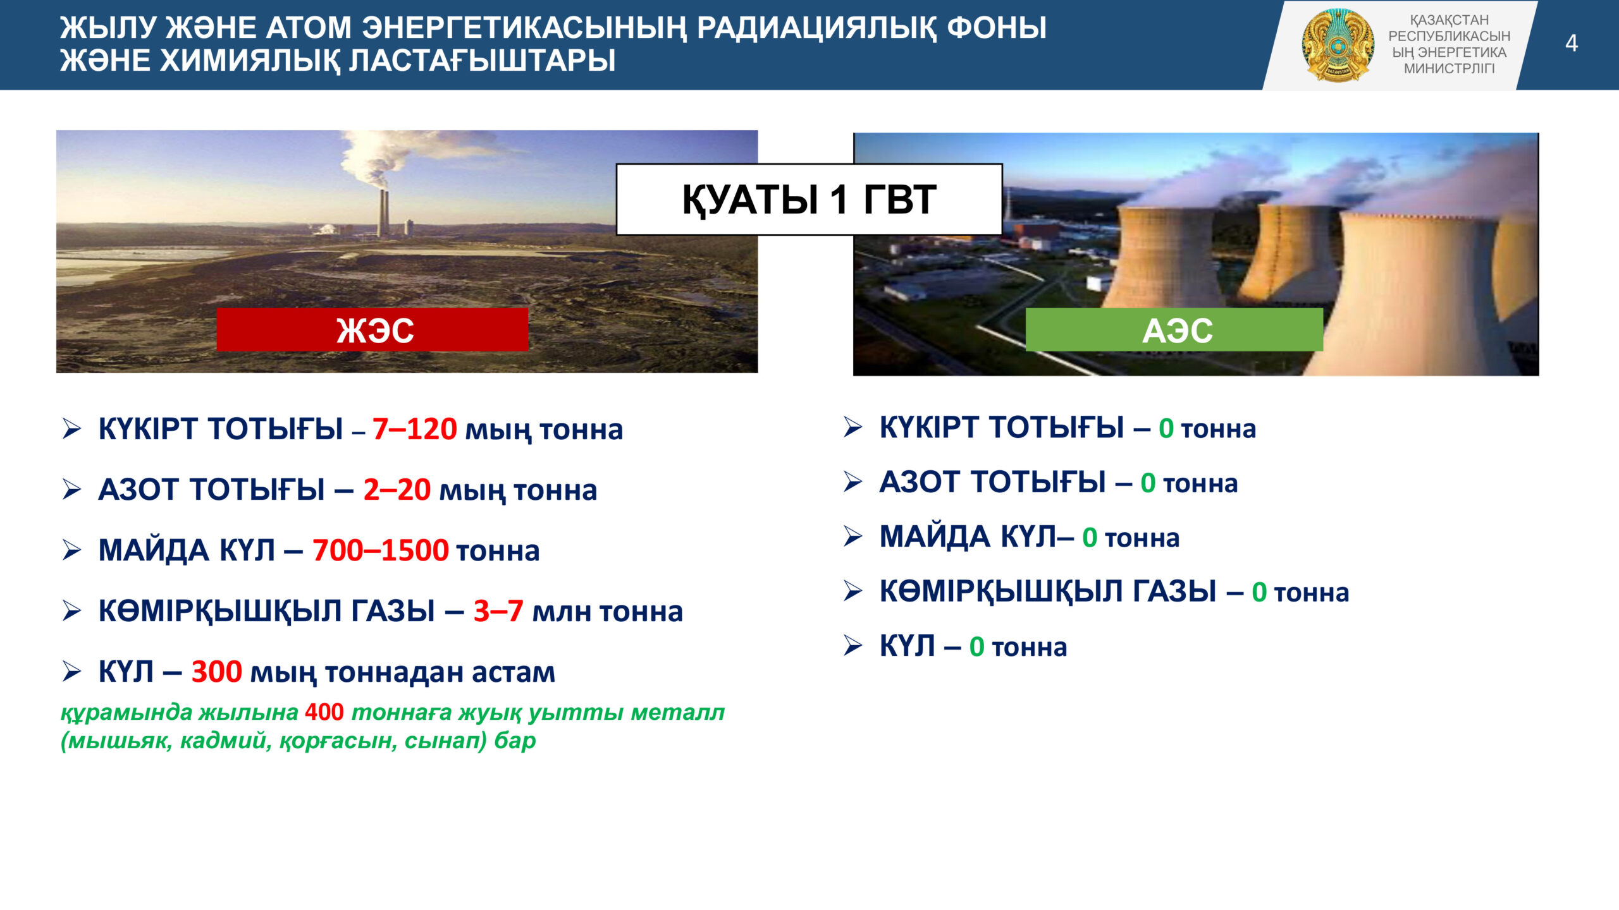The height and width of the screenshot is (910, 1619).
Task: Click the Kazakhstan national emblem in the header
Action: point(1338,45)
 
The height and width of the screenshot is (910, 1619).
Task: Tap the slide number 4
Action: point(1572,44)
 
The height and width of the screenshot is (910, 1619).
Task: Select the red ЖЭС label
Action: point(372,330)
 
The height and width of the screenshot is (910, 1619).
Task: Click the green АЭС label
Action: point(1174,330)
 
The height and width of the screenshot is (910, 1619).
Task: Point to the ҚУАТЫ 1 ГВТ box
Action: point(809,200)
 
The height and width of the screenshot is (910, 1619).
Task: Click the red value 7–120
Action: point(414,429)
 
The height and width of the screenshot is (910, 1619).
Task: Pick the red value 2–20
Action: point(397,490)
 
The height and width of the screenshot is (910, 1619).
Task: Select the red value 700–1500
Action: point(381,550)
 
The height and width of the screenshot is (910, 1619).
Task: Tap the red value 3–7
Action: point(498,611)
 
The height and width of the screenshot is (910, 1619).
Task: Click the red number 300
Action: point(216,672)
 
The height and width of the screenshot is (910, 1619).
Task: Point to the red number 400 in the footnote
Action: point(324,712)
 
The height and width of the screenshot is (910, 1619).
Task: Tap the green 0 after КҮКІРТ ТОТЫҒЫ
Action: point(1166,428)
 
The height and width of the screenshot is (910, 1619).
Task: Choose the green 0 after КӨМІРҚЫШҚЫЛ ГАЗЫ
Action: point(1259,592)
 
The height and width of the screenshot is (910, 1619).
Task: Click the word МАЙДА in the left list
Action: point(154,550)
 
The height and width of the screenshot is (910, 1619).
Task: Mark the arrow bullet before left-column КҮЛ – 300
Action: point(72,671)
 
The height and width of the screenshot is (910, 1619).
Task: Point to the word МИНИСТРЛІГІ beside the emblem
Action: point(1450,68)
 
